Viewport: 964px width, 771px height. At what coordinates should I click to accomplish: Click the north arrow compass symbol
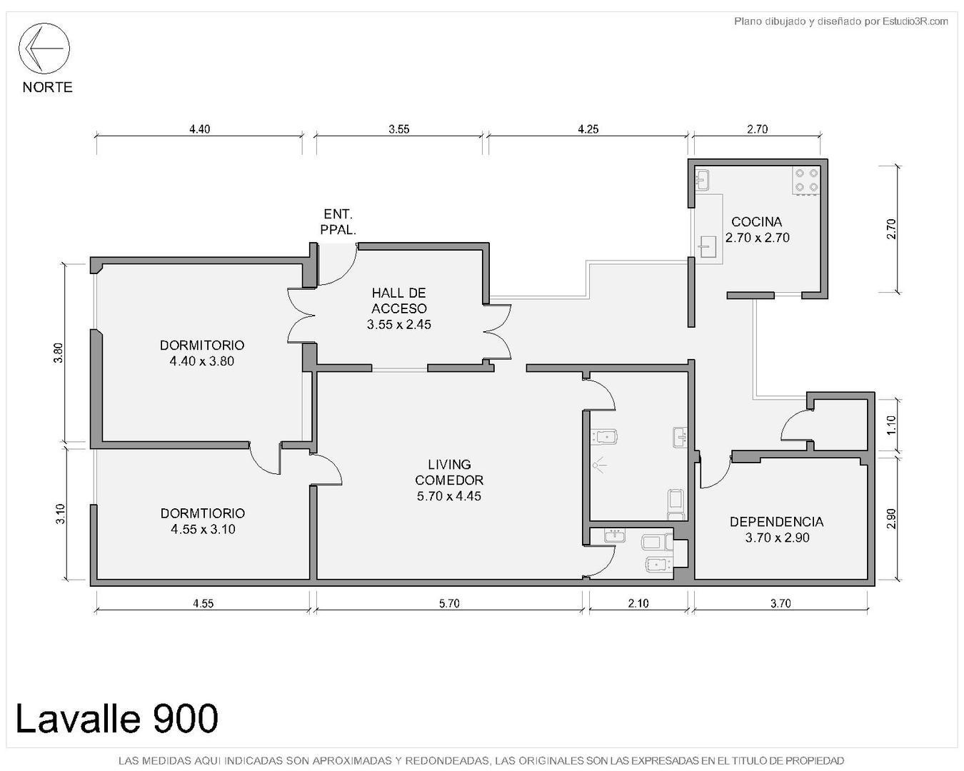(44, 48)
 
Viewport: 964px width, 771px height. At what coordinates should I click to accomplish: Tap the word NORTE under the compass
(47, 87)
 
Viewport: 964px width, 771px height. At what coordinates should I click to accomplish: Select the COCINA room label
(757, 222)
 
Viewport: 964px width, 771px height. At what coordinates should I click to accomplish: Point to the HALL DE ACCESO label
(399, 301)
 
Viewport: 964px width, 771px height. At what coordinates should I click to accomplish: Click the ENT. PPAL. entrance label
(338, 221)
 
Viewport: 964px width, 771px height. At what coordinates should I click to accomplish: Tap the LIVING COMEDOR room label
(449, 472)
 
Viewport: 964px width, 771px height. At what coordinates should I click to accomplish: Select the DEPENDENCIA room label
(777, 522)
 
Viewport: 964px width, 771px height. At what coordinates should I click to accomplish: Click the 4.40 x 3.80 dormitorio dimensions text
(202, 361)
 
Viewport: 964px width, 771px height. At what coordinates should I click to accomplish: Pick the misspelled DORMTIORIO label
(203, 513)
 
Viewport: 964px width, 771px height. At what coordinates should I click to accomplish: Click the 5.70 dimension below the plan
(449, 603)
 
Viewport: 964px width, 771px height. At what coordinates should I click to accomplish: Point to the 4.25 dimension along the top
(588, 129)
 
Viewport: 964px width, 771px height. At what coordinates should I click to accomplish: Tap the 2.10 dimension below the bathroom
(638, 603)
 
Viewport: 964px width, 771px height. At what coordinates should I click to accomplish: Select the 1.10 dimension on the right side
(890, 425)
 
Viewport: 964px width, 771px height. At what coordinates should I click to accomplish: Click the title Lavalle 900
(116, 718)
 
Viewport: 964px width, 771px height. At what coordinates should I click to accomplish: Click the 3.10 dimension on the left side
(60, 514)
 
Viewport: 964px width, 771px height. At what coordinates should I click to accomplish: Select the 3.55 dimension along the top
(399, 129)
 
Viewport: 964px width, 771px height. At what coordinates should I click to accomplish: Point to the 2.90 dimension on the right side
(890, 518)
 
